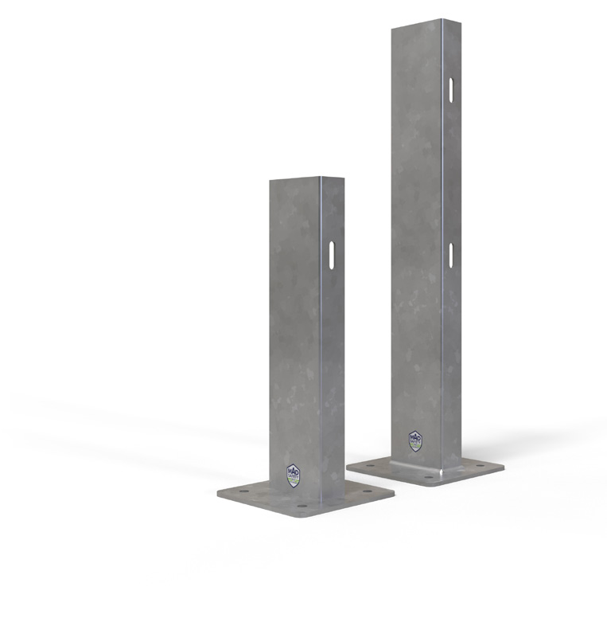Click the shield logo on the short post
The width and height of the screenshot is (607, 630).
(294, 475)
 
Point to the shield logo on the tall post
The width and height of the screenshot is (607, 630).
(415, 440)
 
